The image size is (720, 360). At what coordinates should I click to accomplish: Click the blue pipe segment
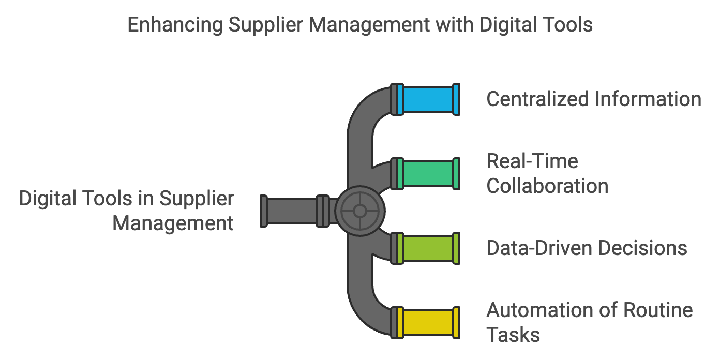[428, 99]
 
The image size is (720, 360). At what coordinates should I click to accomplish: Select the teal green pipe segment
[428, 174]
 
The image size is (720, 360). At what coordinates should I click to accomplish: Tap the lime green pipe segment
[428, 249]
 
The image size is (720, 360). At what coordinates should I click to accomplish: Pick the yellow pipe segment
[428, 323]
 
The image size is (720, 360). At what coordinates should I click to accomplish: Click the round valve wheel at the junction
[360, 211]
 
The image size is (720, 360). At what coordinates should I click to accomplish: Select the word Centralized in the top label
[536, 99]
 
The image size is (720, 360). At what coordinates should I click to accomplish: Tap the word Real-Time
[532, 161]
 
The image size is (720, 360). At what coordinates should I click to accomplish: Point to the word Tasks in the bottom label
[513, 335]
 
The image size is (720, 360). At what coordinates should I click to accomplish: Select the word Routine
[657, 310]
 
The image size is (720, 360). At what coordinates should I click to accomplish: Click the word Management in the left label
[173, 223]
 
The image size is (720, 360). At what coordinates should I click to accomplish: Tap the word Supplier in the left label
[196, 199]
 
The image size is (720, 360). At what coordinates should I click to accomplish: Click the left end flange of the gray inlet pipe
[264, 211]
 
